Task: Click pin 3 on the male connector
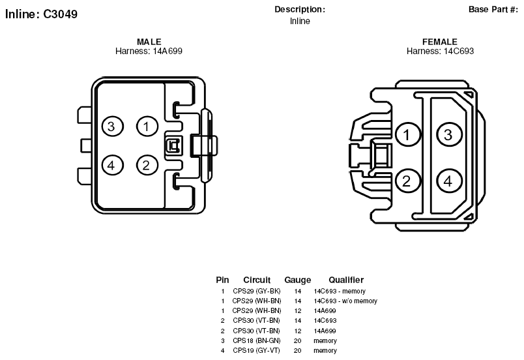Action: click(113, 127)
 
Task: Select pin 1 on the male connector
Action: click(147, 127)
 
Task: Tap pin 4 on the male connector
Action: click(113, 165)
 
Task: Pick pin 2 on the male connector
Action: click(147, 165)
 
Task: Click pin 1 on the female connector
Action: click(408, 135)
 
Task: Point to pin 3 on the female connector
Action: click(449, 135)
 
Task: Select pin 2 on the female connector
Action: click(408, 181)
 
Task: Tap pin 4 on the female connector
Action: click(449, 181)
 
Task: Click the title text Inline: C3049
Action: click(42, 14)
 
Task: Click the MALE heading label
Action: click(149, 42)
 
